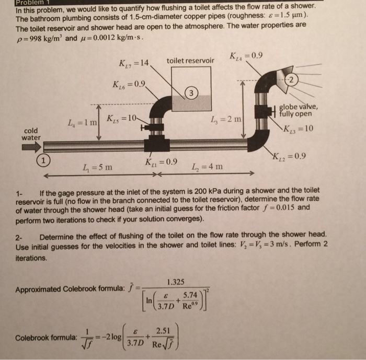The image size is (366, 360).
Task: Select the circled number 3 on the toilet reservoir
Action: pyautogui.click(x=192, y=93)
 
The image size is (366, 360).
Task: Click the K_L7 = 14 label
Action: pyautogui.click(x=134, y=64)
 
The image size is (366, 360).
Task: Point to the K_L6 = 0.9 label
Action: pyautogui.click(x=128, y=84)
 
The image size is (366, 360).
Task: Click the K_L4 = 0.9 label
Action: pyautogui.click(x=246, y=56)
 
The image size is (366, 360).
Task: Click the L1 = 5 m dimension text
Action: pyautogui.click(x=97, y=168)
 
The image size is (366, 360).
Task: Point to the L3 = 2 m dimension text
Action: pyautogui.click(x=226, y=120)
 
